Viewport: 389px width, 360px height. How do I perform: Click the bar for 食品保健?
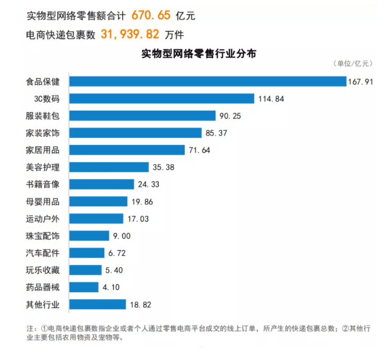(208, 81)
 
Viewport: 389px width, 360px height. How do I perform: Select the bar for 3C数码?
(161, 99)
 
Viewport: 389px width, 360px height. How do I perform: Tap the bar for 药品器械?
(84, 287)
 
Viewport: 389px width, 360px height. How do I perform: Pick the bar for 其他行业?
(98, 304)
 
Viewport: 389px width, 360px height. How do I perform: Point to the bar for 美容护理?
(109, 167)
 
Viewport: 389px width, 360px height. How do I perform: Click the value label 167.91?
(360, 82)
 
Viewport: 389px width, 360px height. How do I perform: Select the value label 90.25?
(230, 116)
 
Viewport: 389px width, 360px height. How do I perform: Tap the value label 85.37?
(216, 133)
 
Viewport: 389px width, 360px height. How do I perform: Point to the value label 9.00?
(122, 236)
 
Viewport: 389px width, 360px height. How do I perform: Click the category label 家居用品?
(43, 150)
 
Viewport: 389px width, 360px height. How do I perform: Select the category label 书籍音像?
(43, 184)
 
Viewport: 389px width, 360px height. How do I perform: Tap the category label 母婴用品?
(43, 202)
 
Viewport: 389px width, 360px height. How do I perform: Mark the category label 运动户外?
(43, 219)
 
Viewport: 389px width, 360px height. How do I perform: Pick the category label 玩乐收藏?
(43, 270)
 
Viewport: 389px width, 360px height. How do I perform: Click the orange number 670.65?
(151, 15)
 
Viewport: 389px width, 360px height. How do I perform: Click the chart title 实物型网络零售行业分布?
(199, 54)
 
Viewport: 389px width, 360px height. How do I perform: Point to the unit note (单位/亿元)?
(353, 63)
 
